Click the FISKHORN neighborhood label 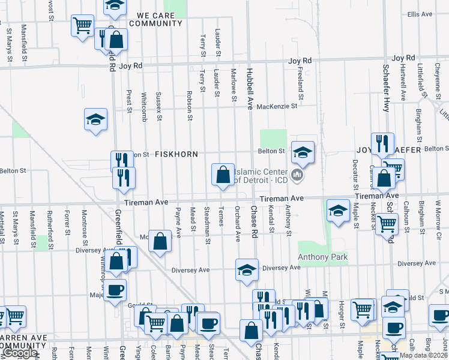(176, 154)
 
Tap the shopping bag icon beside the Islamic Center (223, 175)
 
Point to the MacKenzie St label (277, 107)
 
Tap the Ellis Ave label (420, 14)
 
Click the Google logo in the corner (20, 353)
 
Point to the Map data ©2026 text (423, 355)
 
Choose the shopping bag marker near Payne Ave (160, 242)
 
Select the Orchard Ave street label (238, 224)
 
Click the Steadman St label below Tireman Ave (207, 226)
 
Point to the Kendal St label (271, 220)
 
